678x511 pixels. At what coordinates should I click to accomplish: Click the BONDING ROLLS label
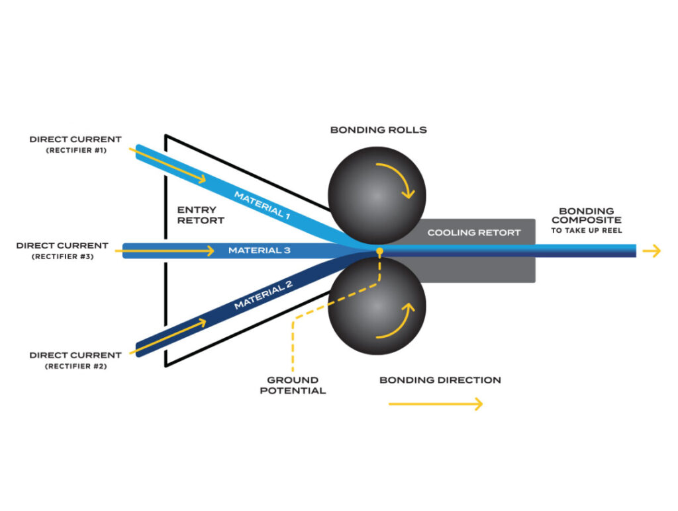[x=378, y=130]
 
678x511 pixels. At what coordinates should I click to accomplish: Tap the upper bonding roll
[x=377, y=196]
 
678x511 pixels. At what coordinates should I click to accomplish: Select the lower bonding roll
[x=377, y=306]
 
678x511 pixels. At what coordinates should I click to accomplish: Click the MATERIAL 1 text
[x=262, y=205]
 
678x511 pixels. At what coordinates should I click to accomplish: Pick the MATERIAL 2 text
[x=264, y=295]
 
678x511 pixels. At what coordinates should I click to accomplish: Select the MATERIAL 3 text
[x=260, y=251]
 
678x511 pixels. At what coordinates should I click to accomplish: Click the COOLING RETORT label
[x=474, y=233]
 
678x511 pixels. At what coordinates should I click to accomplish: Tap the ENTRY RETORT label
[x=201, y=215]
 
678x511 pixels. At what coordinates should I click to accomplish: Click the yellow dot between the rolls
[x=379, y=251]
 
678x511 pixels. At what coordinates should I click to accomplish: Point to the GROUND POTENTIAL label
[x=293, y=385]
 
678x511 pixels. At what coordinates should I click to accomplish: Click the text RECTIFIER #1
[x=76, y=150]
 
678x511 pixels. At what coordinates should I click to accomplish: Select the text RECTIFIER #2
[x=75, y=366]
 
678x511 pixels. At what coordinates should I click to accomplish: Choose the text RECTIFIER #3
[x=63, y=256]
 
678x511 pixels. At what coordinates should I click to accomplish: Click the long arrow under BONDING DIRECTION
[x=436, y=404]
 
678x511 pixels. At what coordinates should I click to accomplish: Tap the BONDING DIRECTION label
[x=440, y=380]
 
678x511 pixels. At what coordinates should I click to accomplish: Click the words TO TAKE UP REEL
[x=587, y=231]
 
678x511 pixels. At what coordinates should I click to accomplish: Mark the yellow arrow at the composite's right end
[x=652, y=251]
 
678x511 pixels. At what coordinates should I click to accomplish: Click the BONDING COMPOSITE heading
[x=587, y=216]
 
